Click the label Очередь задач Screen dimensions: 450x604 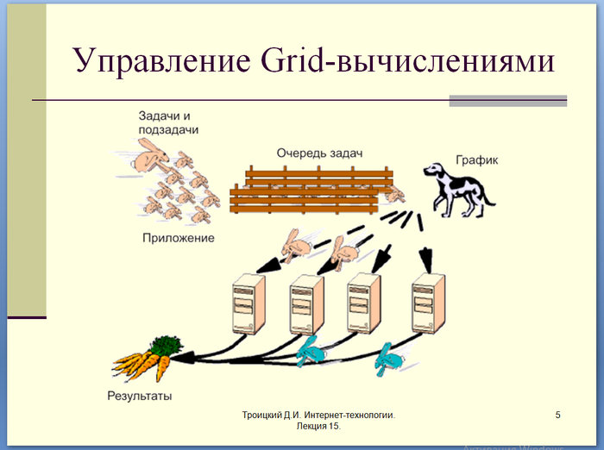(x=314, y=152)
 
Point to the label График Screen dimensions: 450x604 (x=477, y=160)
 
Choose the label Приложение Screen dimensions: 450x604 (x=179, y=237)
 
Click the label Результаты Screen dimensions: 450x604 (x=139, y=396)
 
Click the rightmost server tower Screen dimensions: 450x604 (x=429, y=304)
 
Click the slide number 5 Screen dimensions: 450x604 (x=557, y=416)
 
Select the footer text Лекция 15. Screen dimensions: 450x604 (x=318, y=427)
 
